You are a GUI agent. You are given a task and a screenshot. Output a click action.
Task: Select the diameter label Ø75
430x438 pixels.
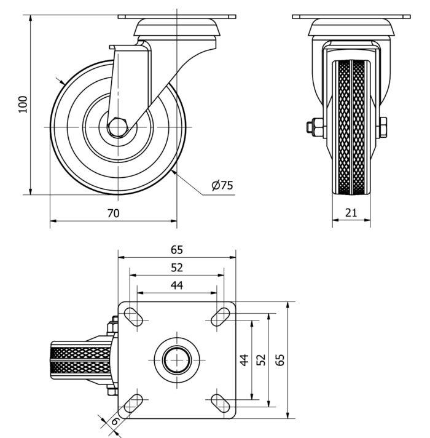tap(222, 185)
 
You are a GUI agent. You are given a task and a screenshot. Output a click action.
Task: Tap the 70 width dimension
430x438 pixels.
tap(113, 213)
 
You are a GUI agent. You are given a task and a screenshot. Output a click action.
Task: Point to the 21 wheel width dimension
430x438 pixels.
tap(351, 212)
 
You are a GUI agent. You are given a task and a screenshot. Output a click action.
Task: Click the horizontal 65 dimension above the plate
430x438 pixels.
tap(177, 250)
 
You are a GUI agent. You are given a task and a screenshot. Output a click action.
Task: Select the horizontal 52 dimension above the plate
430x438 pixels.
tap(177, 267)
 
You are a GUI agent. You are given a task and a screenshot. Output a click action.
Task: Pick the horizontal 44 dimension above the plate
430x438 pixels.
tap(177, 285)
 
